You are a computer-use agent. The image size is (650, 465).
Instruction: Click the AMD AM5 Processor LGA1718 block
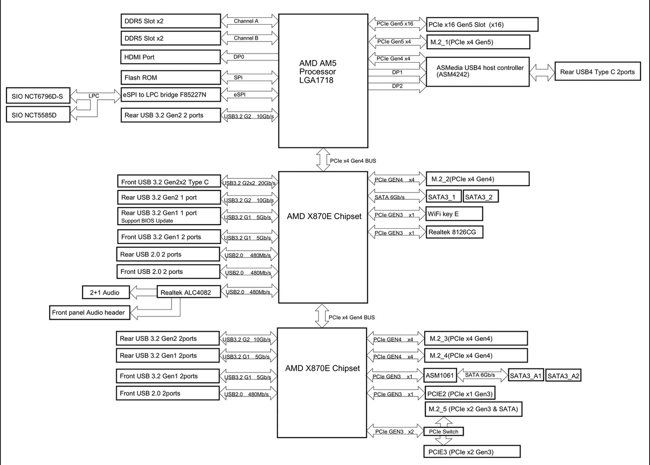(x=323, y=81)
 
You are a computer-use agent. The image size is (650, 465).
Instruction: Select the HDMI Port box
(x=170, y=57)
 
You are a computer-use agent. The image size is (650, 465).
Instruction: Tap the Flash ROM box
(x=170, y=78)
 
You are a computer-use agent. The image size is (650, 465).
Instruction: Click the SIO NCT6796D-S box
(x=38, y=96)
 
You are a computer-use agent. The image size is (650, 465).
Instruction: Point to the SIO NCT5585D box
(x=38, y=115)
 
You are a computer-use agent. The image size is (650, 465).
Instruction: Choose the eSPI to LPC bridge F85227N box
(x=171, y=95)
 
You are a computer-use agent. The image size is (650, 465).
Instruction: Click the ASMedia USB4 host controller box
(x=478, y=72)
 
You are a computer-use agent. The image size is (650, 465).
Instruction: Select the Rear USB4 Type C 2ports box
(x=597, y=72)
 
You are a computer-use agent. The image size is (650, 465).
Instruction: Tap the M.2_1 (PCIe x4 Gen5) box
(x=478, y=42)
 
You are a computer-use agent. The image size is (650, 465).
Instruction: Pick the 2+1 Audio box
(x=106, y=293)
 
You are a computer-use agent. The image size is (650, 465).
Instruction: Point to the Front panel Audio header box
(x=89, y=312)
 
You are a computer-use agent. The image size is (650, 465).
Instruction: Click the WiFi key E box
(x=454, y=214)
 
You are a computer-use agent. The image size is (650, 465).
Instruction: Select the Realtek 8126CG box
(x=454, y=232)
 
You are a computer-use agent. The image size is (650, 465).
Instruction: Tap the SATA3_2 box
(x=481, y=197)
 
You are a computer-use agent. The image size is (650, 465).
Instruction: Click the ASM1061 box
(x=440, y=375)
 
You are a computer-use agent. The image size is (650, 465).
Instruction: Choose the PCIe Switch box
(x=444, y=431)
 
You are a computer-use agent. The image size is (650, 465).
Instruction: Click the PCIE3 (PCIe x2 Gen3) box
(x=472, y=452)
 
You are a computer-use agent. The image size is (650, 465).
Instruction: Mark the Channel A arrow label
(x=246, y=21)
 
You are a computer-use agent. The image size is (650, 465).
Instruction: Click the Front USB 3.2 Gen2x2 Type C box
(x=169, y=182)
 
